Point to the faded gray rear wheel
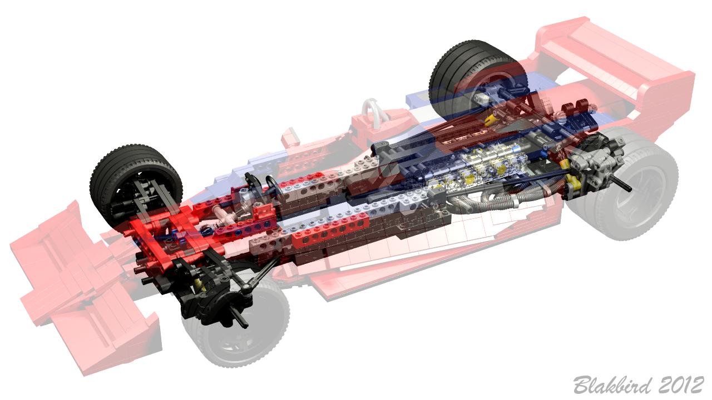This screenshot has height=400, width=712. pos(623,187)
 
